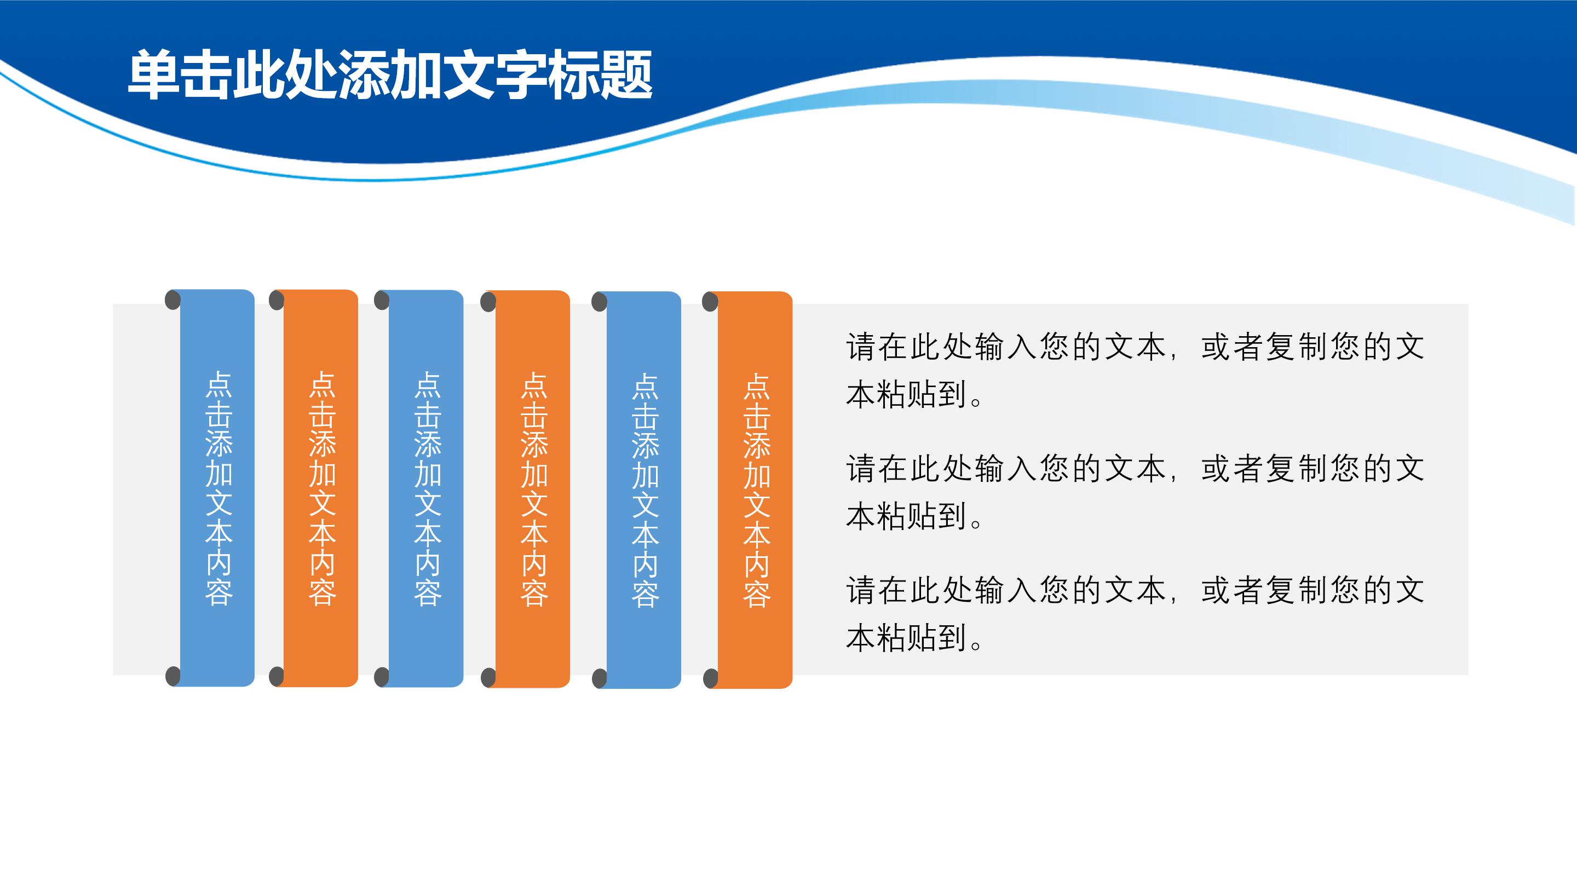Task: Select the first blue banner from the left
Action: pyautogui.click(x=217, y=488)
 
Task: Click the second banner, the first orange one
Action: pyautogui.click(x=321, y=488)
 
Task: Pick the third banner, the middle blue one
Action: pyautogui.click(x=426, y=488)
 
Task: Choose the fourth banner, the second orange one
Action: pyautogui.click(x=533, y=488)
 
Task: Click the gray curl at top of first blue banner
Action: pyautogui.click(x=173, y=301)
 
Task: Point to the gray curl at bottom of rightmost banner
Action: pyautogui.click(x=710, y=678)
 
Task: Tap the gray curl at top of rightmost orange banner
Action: pyautogui.click(x=710, y=302)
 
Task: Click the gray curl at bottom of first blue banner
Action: pyautogui.click(x=173, y=676)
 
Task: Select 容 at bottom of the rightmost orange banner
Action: pyautogui.click(x=757, y=594)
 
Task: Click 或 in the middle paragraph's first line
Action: pyautogui.click(x=1216, y=469)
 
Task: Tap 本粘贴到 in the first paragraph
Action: pyautogui.click(x=906, y=395)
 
